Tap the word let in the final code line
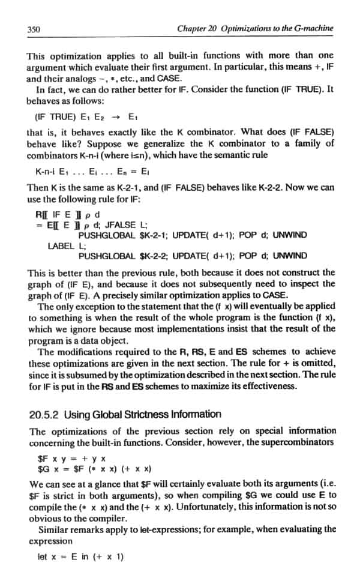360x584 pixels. coord(42,556)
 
